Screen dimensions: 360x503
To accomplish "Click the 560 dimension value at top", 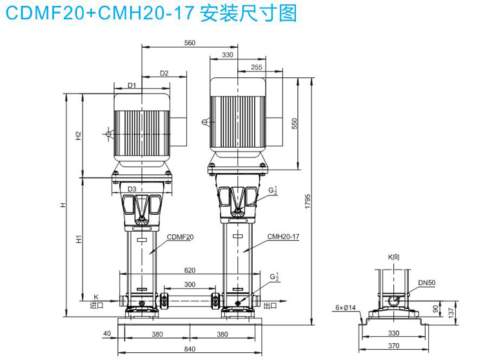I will pos(189,43).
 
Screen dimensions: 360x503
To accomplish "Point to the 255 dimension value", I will pos(256,67).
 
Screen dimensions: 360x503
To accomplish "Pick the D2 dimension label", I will pos(164,74).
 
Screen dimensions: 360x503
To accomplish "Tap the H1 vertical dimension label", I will pos(78,239).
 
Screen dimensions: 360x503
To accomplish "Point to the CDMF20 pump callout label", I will pos(181,237).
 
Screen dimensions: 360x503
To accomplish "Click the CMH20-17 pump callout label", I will pos(284,237).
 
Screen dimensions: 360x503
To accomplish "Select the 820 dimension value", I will pos(189,270).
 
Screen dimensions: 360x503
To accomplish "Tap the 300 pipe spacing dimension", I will pos(190,285).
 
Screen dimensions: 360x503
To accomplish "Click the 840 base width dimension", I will pos(189,349).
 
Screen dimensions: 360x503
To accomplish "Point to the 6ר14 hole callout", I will pos(346,307).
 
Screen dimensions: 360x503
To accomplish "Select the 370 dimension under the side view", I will pos(393,346).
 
